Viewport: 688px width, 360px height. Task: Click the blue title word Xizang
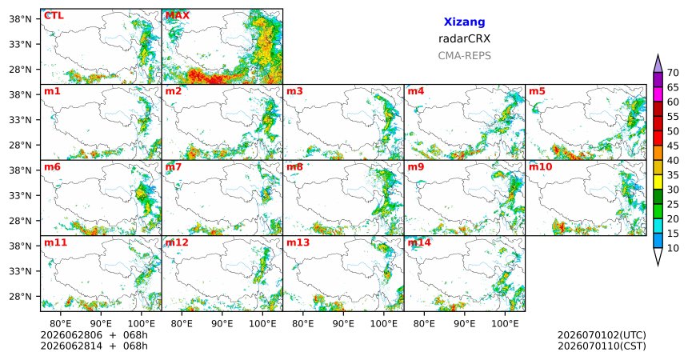coord(464,22)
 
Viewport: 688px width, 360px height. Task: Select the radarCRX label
coord(464,38)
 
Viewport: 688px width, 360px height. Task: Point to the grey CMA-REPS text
coord(464,56)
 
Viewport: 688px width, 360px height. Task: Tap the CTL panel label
coord(54,16)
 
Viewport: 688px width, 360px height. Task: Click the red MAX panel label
coord(178,16)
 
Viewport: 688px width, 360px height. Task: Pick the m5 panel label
coord(537,91)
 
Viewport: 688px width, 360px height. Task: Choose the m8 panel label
coord(294,167)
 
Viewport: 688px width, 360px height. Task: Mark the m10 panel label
coord(540,167)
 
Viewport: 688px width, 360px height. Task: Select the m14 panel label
coord(419,242)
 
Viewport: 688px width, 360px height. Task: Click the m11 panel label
coord(55,242)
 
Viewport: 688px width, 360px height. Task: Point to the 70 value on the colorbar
coord(673,73)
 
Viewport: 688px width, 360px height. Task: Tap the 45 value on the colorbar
coord(673,146)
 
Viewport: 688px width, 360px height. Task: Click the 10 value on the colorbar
coord(673,249)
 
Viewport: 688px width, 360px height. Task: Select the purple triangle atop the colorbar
coord(658,64)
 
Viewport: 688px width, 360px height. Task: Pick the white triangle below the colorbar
coord(658,256)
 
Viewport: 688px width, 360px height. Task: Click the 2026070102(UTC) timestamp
coord(602,335)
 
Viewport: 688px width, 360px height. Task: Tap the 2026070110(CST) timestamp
coord(602,346)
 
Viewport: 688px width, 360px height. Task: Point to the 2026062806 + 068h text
coord(94,335)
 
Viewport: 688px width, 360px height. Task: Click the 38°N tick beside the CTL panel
coord(20,19)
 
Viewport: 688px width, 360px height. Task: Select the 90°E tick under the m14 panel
coord(465,324)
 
